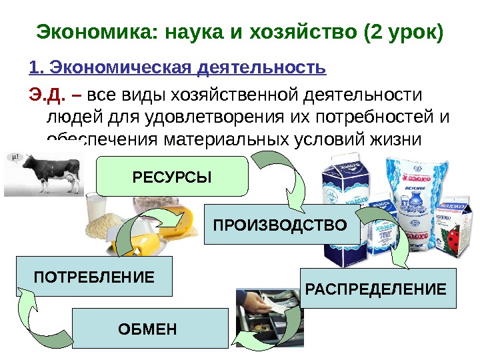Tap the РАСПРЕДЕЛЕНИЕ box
point(377,289)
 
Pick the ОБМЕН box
point(147,328)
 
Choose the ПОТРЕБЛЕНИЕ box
point(93,275)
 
